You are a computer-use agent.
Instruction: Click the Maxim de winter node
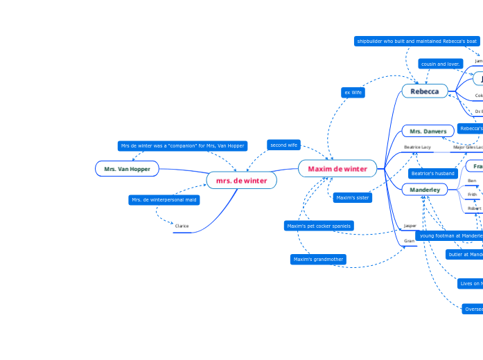[337, 168]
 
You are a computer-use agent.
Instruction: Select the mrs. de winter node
[241, 180]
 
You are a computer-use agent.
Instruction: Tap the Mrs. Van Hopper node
[127, 168]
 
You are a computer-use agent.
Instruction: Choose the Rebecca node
[425, 91]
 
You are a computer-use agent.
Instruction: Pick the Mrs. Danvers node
[428, 131]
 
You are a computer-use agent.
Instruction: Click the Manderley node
[425, 189]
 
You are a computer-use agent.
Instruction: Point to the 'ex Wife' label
[353, 92]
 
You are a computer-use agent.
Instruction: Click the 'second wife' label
[283, 145]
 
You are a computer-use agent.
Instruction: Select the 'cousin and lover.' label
[441, 64]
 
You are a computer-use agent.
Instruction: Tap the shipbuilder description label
[416, 42]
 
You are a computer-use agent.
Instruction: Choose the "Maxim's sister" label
[352, 197]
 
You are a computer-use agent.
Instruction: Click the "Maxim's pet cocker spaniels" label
[319, 226]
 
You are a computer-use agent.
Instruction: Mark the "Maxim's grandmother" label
[318, 259]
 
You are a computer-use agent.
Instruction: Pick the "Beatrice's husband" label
[432, 173]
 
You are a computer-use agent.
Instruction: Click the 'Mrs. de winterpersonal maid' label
[164, 199]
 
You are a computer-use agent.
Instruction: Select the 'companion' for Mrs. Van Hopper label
[182, 145]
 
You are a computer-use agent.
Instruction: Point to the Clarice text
[182, 226]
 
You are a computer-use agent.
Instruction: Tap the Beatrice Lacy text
[417, 147]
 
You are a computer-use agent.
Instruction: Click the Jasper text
[410, 225]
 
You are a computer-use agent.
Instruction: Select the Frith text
[472, 195]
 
